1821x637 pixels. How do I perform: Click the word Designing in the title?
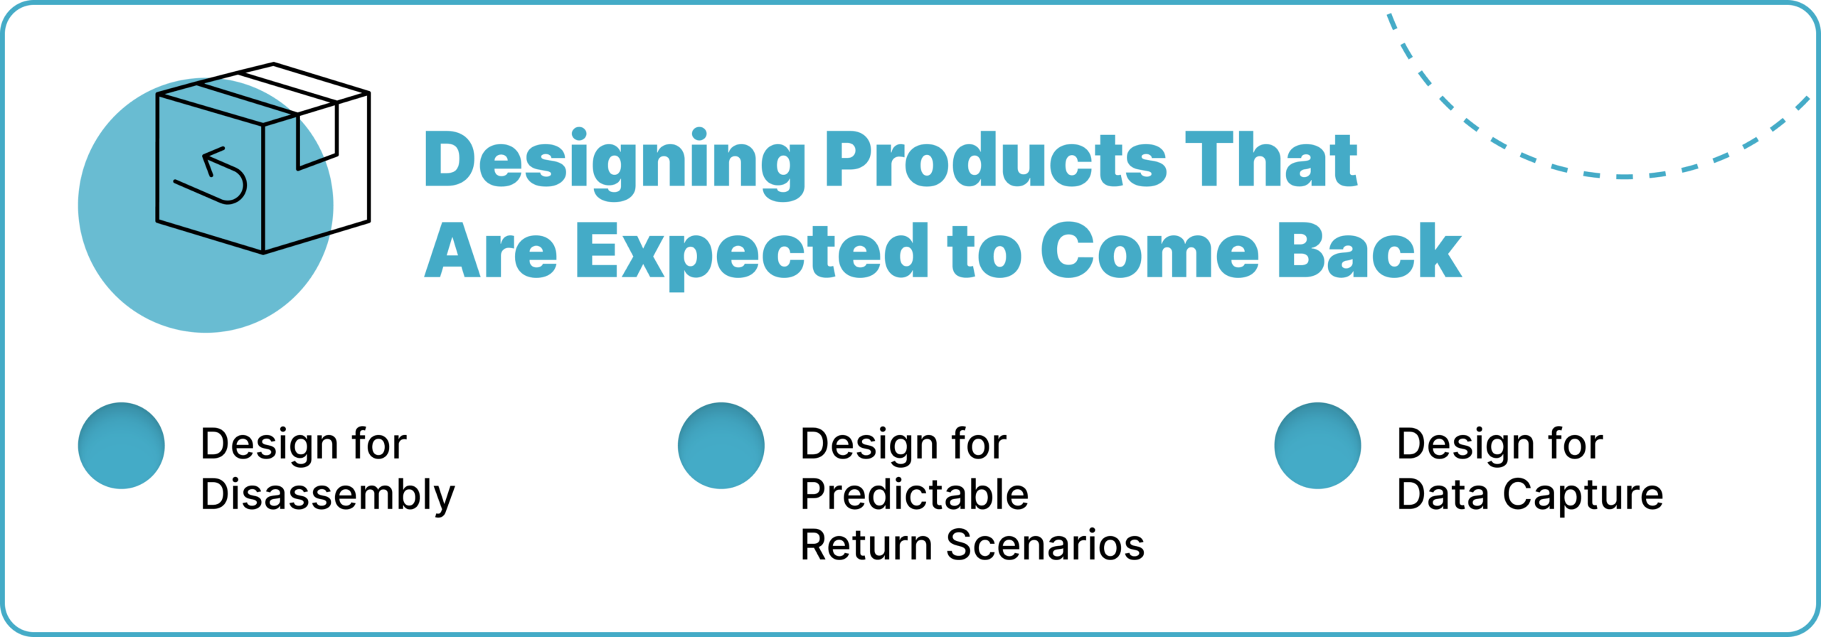(614, 162)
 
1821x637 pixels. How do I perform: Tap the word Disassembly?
(327, 496)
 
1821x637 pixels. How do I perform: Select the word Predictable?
(914, 494)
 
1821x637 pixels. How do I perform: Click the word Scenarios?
(1045, 545)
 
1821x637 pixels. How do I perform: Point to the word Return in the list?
(866, 545)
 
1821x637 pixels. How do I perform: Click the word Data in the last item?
(1442, 494)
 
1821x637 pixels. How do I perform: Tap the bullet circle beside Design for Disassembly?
(122, 446)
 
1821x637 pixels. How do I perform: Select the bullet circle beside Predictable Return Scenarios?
(721, 446)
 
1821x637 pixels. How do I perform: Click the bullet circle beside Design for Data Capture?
(1317, 446)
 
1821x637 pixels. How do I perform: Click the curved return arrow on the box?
(217, 178)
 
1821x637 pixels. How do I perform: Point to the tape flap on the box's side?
(317, 139)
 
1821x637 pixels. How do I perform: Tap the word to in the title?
(984, 252)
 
